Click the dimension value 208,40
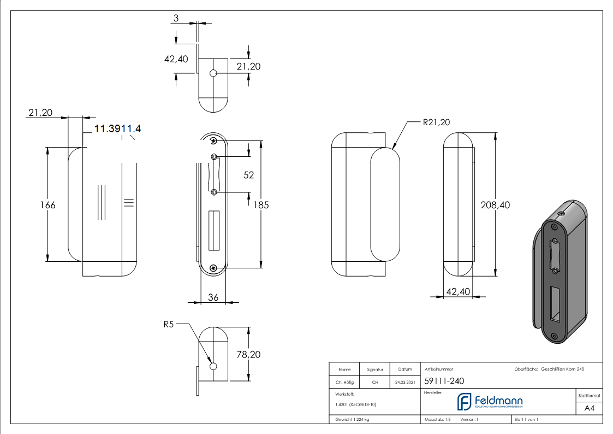pos(495,205)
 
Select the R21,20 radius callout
pos(436,122)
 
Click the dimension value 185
pos(261,205)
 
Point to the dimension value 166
pos(47,205)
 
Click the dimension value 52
pos(249,175)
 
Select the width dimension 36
pos(213,297)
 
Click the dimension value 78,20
pos(248,354)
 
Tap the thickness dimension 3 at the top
pos(176,18)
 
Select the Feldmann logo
pos(490,402)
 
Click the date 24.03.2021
pos(404,382)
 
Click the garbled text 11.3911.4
pos(118,129)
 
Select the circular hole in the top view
pos(213,73)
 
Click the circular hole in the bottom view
pos(213,366)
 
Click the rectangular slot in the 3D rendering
pos(556,303)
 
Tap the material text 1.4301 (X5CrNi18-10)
pos(356,404)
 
